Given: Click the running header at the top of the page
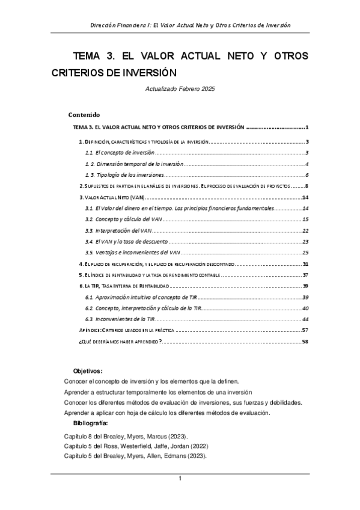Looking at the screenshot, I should tap(190, 25).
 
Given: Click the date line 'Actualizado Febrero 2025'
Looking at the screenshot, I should tap(180, 89).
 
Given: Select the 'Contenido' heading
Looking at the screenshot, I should tap(84, 114).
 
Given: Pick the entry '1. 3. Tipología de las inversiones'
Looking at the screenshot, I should tap(126, 174).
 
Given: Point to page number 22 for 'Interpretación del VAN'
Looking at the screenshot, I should tap(305, 230).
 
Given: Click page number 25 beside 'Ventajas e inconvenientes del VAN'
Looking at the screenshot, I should tap(305, 252).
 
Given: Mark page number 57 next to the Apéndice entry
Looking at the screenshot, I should tap(305, 330).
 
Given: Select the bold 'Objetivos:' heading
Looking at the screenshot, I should tap(88, 371).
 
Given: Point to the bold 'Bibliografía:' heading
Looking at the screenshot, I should tap(90, 424).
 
